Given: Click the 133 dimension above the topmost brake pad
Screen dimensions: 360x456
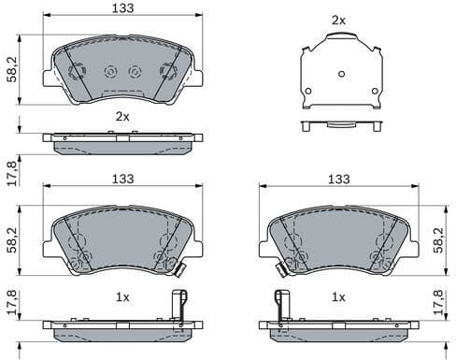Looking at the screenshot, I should click(122, 8).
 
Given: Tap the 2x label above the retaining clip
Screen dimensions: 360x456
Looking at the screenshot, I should click(338, 19).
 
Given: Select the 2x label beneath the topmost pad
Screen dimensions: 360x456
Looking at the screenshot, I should click(121, 117).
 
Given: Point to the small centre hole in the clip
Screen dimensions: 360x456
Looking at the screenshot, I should click(340, 74).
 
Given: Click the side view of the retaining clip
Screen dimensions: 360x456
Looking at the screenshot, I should click(340, 124).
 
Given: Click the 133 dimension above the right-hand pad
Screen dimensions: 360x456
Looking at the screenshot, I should click(337, 179).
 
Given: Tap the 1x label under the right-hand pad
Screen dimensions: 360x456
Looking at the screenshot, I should click(338, 297).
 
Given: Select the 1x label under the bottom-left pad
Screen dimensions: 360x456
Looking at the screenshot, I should click(121, 297).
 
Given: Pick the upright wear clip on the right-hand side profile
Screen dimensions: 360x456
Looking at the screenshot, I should click(278, 307).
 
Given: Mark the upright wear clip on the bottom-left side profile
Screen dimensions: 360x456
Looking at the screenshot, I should click(179, 307).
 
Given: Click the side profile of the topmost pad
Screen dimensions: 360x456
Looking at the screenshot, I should click(122, 142).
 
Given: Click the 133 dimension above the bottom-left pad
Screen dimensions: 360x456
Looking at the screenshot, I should click(122, 179).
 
